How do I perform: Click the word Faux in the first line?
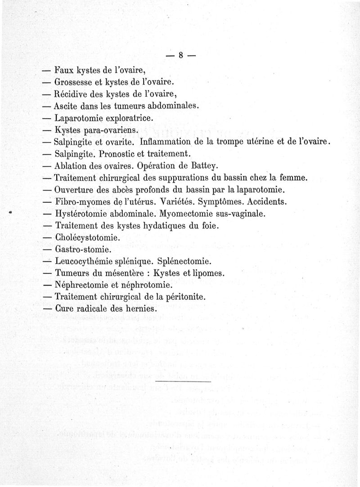64,71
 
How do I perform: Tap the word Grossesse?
75,83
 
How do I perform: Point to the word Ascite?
65,107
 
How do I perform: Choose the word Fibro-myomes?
83,201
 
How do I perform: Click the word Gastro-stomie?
82,249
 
